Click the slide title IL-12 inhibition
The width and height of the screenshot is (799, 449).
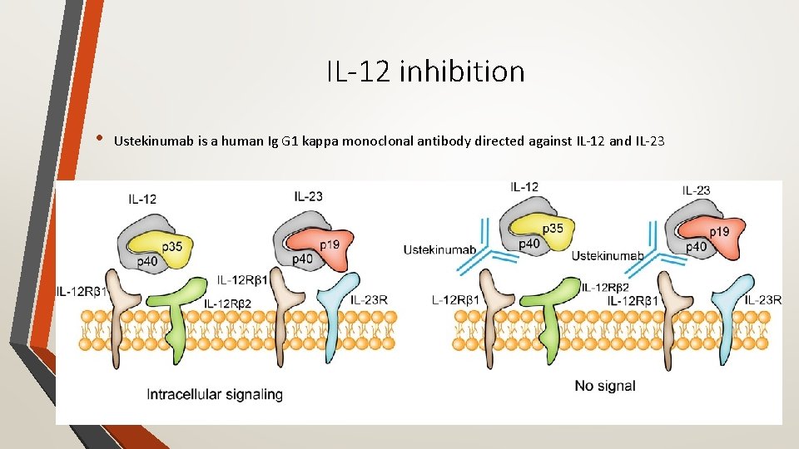pyautogui.click(x=425, y=72)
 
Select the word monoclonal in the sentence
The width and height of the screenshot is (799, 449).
pyautogui.click(x=399, y=141)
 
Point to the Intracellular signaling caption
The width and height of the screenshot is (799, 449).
pyautogui.click(x=215, y=394)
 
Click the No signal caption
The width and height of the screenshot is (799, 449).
pyautogui.click(x=604, y=385)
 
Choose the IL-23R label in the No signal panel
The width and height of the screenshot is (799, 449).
pyautogui.click(x=762, y=299)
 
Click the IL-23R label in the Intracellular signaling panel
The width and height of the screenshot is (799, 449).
pyautogui.click(x=369, y=299)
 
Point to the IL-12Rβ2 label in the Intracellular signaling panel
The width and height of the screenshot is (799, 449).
pyautogui.click(x=227, y=303)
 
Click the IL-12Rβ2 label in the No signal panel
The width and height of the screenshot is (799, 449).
pyautogui.click(x=605, y=287)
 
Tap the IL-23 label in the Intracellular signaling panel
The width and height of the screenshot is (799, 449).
pyautogui.click(x=310, y=195)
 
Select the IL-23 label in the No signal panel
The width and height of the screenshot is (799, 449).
pyautogui.click(x=696, y=190)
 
